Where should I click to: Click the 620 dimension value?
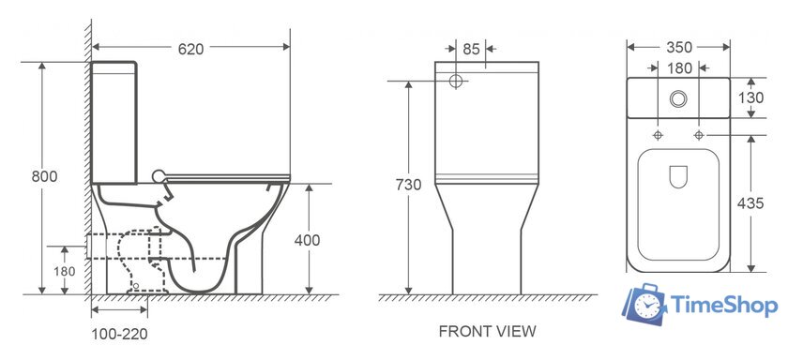coord(191,49)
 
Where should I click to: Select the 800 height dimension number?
coord(44,177)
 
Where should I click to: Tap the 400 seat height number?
coord(307,241)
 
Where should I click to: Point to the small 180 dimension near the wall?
coord(65,272)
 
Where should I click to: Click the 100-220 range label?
coord(120,334)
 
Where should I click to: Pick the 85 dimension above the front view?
coord(471,49)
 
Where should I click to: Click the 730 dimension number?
coord(408,185)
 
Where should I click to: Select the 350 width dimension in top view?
coord(679,47)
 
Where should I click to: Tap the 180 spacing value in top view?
coord(679,67)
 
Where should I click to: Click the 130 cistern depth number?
coord(750,97)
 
